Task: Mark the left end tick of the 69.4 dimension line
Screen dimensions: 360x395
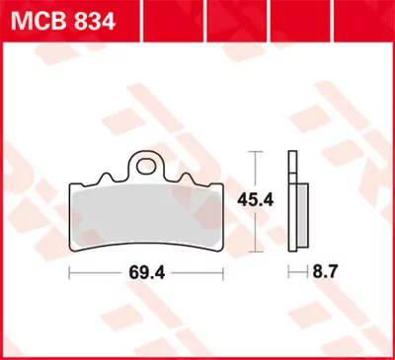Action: click(70, 269)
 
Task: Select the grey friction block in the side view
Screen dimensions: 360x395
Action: click(299, 217)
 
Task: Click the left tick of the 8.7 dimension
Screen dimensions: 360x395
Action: click(288, 269)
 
